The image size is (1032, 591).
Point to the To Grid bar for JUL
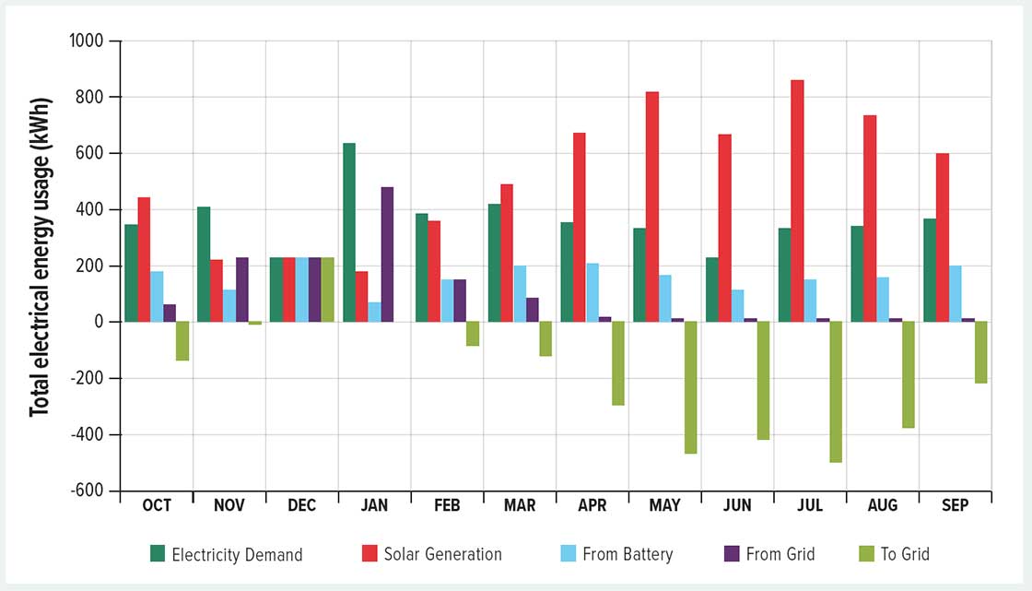pyautogui.click(x=836, y=392)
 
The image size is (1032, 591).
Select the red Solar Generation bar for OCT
pyautogui.click(x=144, y=259)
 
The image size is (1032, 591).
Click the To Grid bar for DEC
pyautogui.click(x=328, y=290)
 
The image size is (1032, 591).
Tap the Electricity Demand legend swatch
pyautogui.click(x=158, y=554)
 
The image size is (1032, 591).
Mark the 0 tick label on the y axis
pyautogui.click(x=101, y=322)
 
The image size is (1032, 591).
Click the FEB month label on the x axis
pyautogui.click(x=447, y=506)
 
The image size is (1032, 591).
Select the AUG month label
pyautogui.click(x=882, y=506)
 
